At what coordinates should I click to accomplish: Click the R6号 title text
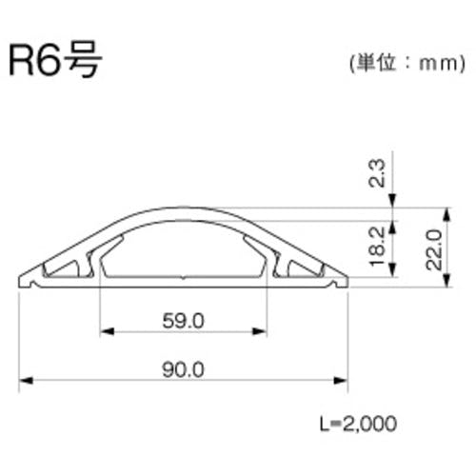click(x=55, y=60)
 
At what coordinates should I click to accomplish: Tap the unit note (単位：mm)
click(x=407, y=64)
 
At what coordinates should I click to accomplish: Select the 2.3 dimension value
click(x=378, y=173)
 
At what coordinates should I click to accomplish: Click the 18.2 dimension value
click(x=378, y=247)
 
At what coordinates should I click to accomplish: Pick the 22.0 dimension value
click(x=434, y=250)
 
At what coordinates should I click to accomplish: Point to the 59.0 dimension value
click(x=184, y=321)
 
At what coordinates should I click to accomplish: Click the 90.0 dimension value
click(x=184, y=369)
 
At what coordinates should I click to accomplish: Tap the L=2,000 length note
click(x=358, y=424)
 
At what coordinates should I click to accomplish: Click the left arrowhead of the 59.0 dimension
click(x=107, y=331)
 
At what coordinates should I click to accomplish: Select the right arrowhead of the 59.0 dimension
click(x=260, y=331)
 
